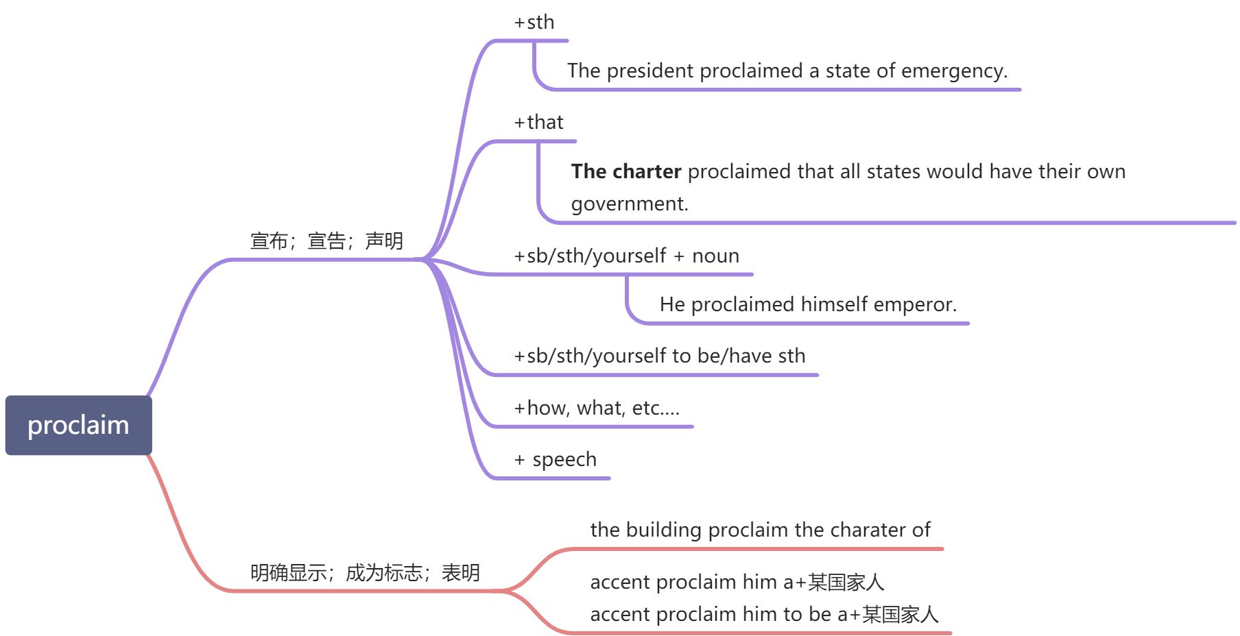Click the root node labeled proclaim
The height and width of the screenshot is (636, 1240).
click(78, 425)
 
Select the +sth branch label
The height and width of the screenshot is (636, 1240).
click(534, 23)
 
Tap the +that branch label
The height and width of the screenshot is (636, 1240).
click(539, 123)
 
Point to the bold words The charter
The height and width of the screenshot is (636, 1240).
click(626, 171)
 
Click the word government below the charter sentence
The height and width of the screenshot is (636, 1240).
click(629, 204)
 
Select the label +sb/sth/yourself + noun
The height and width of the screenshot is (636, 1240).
click(627, 256)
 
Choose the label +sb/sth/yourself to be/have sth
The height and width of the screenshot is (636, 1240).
click(660, 356)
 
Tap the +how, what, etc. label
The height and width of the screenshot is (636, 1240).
click(597, 408)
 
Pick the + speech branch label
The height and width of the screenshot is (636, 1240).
click(556, 460)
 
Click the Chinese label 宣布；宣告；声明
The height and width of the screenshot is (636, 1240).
click(326, 241)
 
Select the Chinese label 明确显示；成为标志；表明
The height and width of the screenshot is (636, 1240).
click(365, 573)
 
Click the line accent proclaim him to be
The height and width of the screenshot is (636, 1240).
click(764, 615)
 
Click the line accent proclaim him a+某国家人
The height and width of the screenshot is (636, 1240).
click(737, 583)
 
